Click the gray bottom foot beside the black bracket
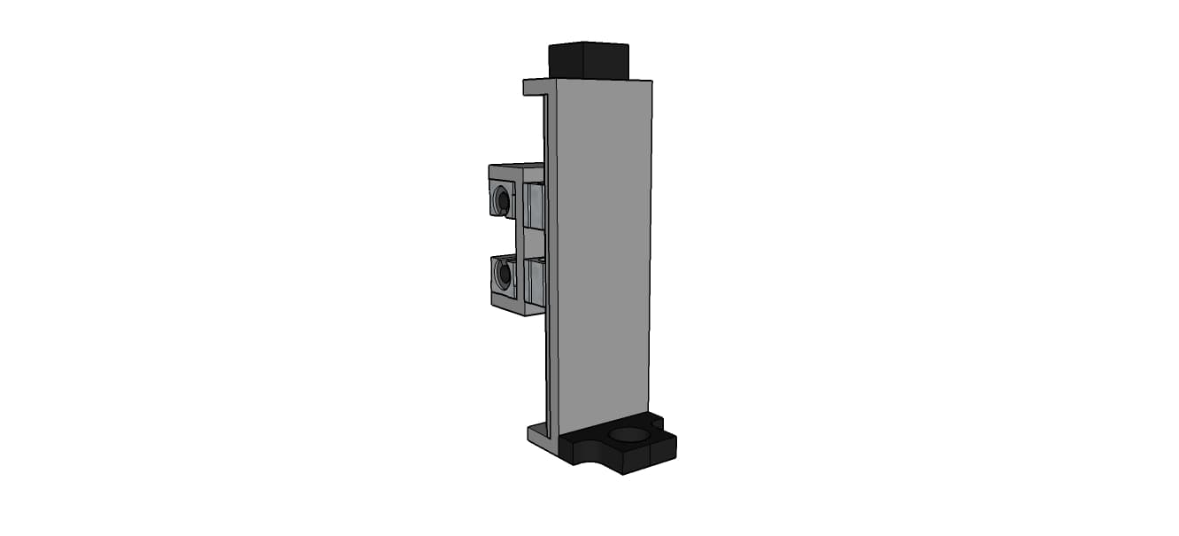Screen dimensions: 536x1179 pos(541,435)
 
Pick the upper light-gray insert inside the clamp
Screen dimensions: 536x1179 pos(534,206)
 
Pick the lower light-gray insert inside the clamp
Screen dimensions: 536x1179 pos(534,281)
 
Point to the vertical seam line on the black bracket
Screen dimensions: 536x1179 pos(651,454)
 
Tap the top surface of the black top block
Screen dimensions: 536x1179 pos(589,44)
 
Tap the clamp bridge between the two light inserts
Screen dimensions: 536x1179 pos(533,241)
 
